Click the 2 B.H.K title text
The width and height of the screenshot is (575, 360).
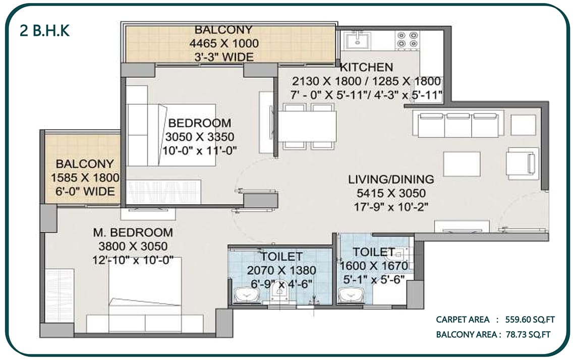44,31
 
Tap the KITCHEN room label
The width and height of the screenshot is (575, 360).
366,67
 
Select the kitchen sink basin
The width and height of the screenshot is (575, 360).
358,40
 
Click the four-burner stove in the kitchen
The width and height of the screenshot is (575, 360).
408,40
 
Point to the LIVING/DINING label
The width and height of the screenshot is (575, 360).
391,179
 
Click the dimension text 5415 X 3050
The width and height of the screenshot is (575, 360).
391,193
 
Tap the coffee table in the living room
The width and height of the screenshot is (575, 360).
462,164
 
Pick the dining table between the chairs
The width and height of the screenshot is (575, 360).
307,127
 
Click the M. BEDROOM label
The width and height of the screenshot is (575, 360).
133,232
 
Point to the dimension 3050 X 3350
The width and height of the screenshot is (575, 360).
200,137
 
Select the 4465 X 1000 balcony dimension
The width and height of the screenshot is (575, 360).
224,43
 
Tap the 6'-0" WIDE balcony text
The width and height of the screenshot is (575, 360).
85,192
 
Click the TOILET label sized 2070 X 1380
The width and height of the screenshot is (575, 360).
281,256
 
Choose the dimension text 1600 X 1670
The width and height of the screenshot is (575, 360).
374,266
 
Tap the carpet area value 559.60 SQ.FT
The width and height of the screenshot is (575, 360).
530,320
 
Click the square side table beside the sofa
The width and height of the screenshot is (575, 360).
523,125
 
